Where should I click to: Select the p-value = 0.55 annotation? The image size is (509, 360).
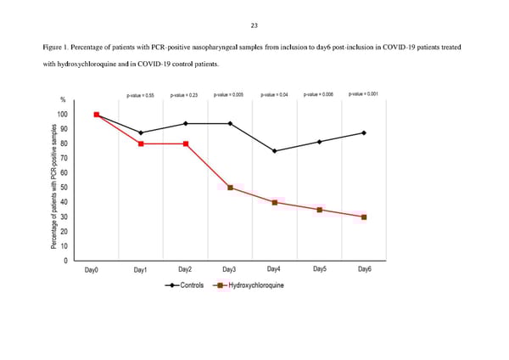tap(140, 95)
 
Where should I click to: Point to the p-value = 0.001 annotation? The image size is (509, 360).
tap(364, 94)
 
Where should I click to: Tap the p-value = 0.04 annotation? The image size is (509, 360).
tap(274, 95)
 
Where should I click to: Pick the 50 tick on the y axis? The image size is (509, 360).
tap(64, 188)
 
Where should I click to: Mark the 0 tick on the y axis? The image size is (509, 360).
tap(65, 261)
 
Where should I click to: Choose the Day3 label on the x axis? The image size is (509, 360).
tap(229, 270)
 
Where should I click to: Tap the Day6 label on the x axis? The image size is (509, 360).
tap(364, 270)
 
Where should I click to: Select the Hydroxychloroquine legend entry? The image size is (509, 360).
tap(250, 284)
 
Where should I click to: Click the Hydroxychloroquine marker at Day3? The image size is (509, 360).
tap(230, 188)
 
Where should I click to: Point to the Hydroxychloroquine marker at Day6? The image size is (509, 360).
tap(364, 217)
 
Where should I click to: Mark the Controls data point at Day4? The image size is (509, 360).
tap(274, 151)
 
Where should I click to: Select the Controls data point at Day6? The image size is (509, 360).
tap(364, 132)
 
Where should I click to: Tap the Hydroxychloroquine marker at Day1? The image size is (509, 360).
tap(141, 143)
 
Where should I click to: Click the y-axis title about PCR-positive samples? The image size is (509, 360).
tap(54, 188)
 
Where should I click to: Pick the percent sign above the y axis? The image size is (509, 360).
tap(62, 101)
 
